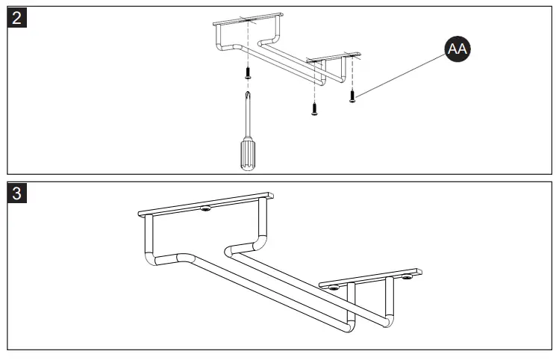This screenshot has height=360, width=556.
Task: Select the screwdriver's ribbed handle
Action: [246, 153]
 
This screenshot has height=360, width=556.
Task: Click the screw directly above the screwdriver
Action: [247, 72]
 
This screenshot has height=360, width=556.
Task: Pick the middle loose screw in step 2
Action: [314, 109]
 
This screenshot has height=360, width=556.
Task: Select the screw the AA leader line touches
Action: [352, 95]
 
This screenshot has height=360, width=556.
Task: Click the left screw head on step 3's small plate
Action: [333, 286]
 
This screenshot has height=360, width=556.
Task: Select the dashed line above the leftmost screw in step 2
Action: [247, 45]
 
